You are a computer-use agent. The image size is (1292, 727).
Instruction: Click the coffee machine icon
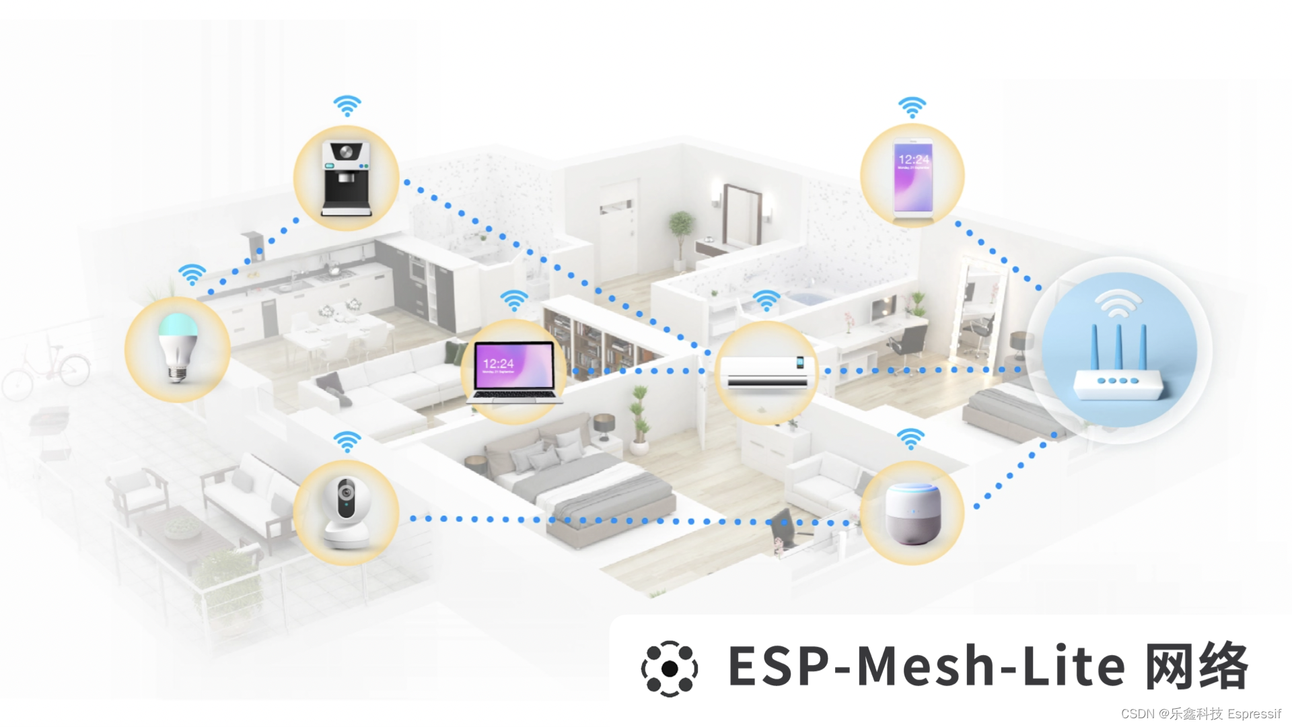[x=347, y=178]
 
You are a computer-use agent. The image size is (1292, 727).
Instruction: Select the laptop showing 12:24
[x=514, y=371]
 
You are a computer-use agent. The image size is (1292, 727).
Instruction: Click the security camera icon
[x=346, y=512]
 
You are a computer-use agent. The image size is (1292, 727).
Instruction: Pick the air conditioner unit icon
[x=766, y=372]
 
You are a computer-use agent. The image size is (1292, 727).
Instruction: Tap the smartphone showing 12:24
[x=912, y=176]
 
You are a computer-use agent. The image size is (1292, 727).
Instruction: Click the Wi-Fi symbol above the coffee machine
[x=347, y=106]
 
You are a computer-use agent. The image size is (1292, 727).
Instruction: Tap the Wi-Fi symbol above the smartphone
[x=912, y=107]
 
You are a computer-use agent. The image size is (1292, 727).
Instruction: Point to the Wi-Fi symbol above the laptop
[x=514, y=300]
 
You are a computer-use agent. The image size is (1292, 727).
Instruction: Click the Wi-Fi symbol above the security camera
[x=347, y=442]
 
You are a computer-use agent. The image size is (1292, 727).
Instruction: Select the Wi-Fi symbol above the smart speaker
[x=911, y=439]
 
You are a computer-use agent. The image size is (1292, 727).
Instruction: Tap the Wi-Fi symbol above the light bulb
[x=192, y=275]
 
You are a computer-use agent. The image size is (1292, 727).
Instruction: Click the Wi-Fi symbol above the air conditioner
[x=766, y=300]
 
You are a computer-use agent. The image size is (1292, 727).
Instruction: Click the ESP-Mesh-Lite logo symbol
[x=670, y=668]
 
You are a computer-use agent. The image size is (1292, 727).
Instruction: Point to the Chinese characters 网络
[x=1196, y=666]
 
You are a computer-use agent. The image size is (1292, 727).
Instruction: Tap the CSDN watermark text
[x=1200, y=714]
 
